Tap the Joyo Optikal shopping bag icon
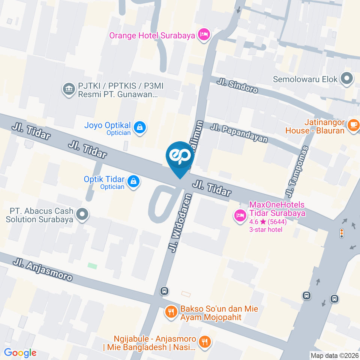pos(140,127)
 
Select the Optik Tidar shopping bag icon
pos(133,182)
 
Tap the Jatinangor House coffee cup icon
pos(353,125)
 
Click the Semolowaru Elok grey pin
pos(346,79)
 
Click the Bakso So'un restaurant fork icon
pos(171,311)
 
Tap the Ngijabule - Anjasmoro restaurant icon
pos(205,342)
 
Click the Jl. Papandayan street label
pos(239,133)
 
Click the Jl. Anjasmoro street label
pos(42,270)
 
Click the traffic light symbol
pos(341,233)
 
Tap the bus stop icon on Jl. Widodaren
pos(164,291)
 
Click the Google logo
pos(20,352)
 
